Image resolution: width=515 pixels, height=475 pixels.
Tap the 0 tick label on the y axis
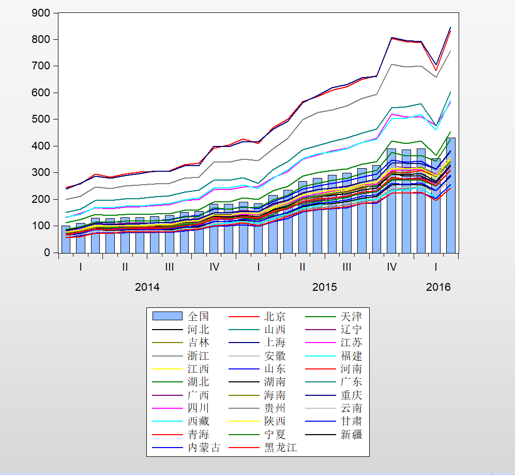point(48,253)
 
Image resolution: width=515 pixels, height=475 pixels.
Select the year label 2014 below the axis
point(147,287)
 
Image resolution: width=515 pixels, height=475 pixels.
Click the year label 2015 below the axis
point(324,287)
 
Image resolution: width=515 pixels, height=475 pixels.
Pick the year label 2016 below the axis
point(438,287)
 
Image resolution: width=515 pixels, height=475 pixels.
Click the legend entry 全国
point(199,316)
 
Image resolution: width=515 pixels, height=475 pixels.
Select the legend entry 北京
point(275,316)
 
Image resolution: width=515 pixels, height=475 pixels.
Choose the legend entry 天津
point(351,316)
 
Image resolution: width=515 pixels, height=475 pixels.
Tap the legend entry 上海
point(275,343)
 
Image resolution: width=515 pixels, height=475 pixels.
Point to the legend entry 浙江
point(199,356)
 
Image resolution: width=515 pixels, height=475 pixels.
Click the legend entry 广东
point(351,382)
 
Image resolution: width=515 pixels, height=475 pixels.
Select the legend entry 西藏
point(199,422)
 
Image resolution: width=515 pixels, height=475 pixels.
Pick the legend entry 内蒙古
point(204,448)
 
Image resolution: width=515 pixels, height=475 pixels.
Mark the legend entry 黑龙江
point(280,448)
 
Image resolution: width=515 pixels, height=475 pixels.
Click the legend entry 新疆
point(351,435)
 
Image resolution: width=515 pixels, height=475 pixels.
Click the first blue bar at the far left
point(66,239)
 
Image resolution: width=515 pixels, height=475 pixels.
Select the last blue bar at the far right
point(451,196)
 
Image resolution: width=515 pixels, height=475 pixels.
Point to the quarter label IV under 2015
point(392,267)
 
